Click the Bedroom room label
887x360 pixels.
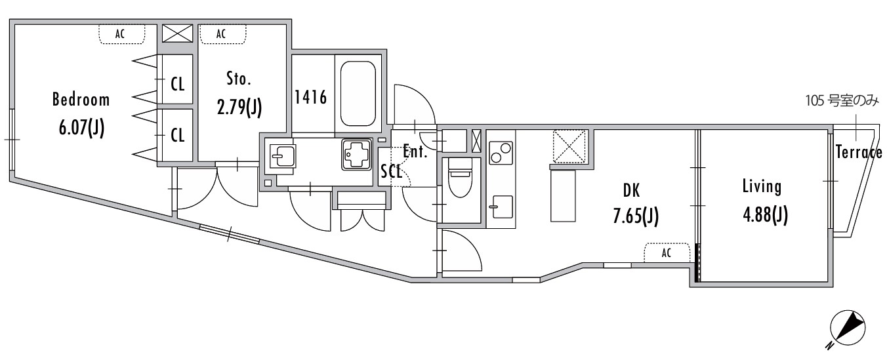click(x=81, y=100)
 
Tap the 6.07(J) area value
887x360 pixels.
click(x=81, y=127)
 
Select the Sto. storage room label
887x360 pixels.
click(x=239, y=80)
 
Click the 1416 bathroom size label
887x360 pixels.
click(x=311, y=98)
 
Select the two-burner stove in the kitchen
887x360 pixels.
click(x=501, y=153)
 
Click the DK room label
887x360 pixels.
click(x=630, y=191)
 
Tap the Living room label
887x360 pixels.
click(x=762, y=187)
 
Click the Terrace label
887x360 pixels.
click(x=859, y=153)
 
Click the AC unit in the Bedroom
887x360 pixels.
click(x=121, y=34)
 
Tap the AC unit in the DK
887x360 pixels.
click(x=667, y=253)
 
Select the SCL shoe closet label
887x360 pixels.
click(x=392, y=172)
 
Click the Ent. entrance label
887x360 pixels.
click(x=415, y=153)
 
